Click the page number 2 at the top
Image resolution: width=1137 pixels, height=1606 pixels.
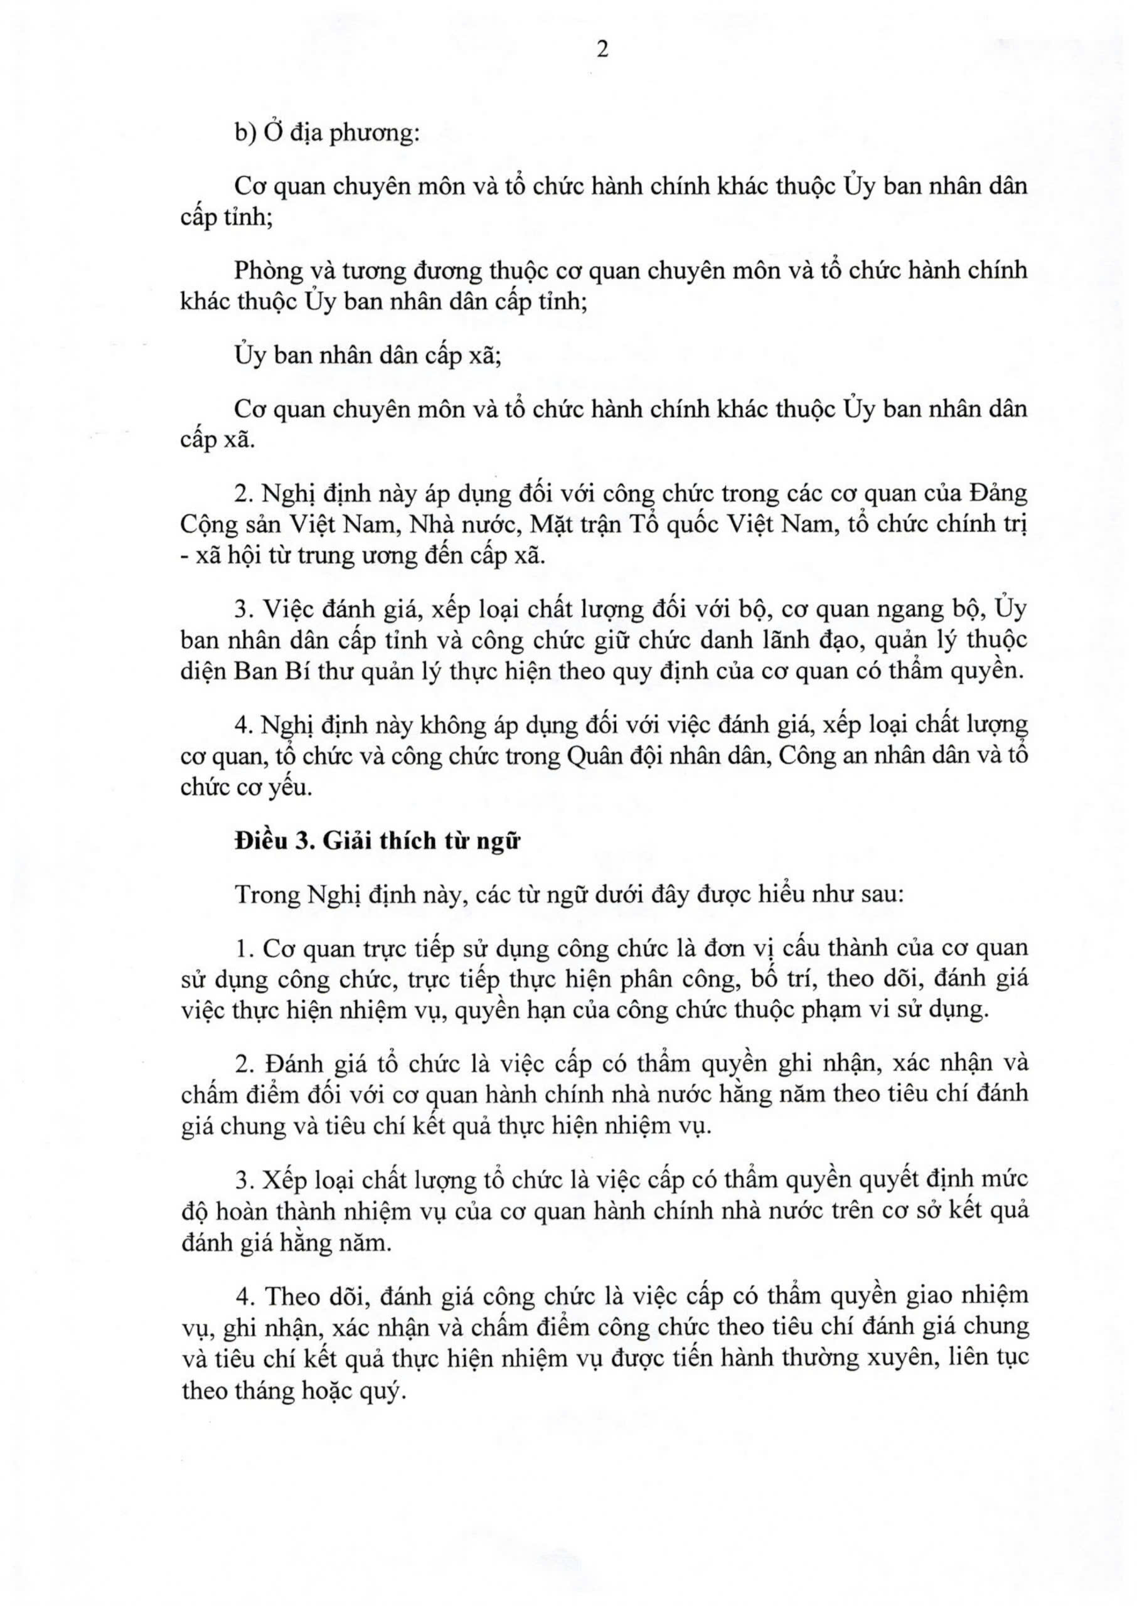pyautogui.click(x=601, y=51)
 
